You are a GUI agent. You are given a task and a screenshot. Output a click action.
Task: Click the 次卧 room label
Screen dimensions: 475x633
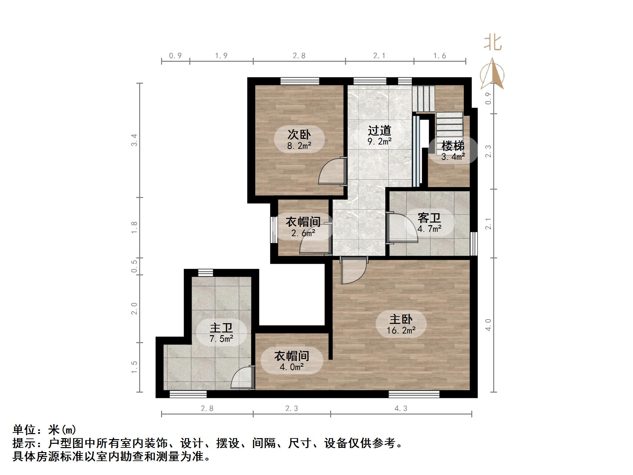(x=299, y=135)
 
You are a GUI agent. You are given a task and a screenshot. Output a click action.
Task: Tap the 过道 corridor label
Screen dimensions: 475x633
(x=379, y=131)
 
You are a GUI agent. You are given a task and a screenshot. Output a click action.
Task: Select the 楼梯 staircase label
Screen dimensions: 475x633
(x=453, y=146)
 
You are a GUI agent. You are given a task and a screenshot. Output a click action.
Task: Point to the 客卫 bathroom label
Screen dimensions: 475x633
(x=429, y=218)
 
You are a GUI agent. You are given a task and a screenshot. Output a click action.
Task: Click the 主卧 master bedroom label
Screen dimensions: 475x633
(x=401, y=319)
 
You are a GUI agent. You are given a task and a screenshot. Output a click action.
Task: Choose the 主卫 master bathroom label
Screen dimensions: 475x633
(x=221, y=328)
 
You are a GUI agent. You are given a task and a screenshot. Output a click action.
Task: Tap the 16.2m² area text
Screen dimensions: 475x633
(x=401, y=331)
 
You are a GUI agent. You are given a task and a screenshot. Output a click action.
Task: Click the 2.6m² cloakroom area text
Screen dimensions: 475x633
(x=303, y=233)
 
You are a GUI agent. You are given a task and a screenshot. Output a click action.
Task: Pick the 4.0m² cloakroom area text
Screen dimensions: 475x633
(x=292, y=367)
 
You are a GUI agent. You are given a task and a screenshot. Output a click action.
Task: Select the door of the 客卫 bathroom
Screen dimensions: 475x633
(x=402, y=229)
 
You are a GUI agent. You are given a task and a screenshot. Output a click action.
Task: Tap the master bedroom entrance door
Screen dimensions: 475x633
(x=354, y=271)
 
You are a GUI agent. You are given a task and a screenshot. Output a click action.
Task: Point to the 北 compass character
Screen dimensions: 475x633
(x=492, y=43)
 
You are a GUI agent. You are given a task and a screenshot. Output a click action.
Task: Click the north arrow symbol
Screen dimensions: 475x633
(x=492, y=74)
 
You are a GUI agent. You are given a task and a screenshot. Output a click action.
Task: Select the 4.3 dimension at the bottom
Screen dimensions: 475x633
(x=401, y=409)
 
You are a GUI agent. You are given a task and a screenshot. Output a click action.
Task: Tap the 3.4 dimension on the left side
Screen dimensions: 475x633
(x=134, y=140)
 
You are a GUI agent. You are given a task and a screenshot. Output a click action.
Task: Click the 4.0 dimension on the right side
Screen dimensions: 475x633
(x=488, y=325)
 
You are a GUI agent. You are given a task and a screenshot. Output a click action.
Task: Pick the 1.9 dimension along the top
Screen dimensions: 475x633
(x=221, y=56)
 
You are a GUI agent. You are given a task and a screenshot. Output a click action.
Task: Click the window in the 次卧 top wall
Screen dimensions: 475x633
(x=300, y=81)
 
